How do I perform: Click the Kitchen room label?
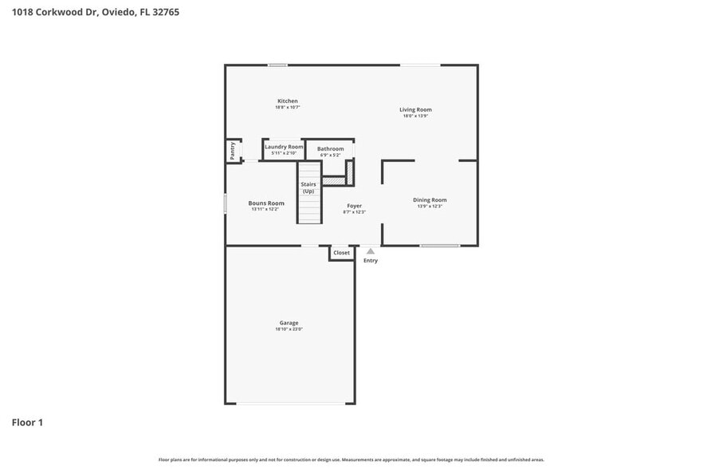[287, 101]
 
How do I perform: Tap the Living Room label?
[415, 109]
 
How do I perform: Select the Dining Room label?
[429, 199]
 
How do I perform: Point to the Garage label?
[289, 323]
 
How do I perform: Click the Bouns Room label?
[265, 203]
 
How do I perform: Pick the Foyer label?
[354, 206]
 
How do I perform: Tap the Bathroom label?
[330, 149]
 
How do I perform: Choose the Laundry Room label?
[284, 147]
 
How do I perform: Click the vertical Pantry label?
[232, 151]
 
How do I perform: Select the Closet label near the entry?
[341, 253]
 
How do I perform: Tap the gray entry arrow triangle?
[371, 251]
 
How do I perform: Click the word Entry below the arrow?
[371, 261]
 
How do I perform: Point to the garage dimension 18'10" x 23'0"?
[289, 329]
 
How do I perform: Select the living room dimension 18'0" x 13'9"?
[415, 116]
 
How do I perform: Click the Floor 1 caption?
[27, 422]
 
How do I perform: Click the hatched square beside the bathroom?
[349, 172]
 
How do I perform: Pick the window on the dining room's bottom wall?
[440, 246]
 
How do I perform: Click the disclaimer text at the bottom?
[351, 459]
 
